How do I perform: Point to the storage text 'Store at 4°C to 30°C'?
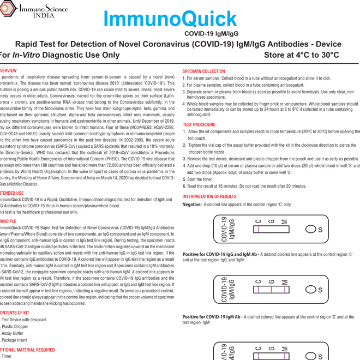[x=301, y=55]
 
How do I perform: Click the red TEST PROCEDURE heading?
[x=199, y=125]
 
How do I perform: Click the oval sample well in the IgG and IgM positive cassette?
[x=310, y=290]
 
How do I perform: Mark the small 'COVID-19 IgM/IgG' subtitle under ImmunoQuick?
[x=211, y=34]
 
